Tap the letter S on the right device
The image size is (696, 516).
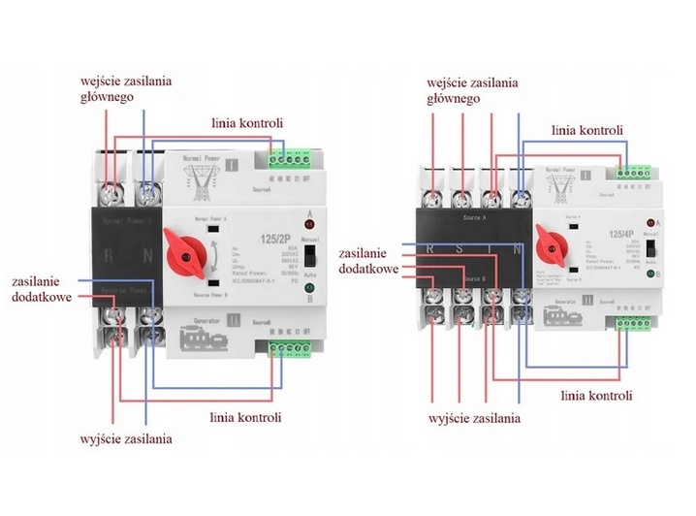coord(463,250)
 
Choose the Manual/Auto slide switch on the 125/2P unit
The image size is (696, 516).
coord(310,257)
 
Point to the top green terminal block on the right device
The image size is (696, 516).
coord(633,171)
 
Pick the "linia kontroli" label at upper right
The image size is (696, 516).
coord(586,129)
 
